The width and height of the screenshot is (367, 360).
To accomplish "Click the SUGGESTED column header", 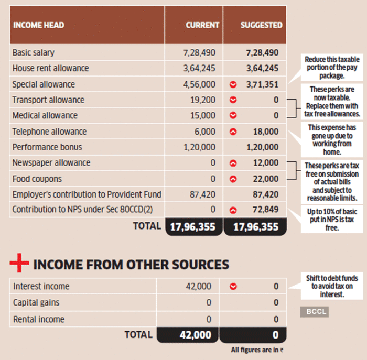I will tap(261, 25).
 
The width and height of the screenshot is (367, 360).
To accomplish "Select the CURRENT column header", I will tap(202, 25).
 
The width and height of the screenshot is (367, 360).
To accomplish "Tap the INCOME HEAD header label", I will tap(38, 25).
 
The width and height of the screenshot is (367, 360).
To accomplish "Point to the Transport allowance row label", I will tap(48, 100).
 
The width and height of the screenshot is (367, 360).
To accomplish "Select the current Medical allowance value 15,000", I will tap(203, 115).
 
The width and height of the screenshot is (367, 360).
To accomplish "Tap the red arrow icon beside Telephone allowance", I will tap(233, 132).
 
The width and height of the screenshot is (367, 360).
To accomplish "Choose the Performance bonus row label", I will tap(47, 147).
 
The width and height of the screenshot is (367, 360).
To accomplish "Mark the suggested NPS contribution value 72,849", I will tap(265, 210).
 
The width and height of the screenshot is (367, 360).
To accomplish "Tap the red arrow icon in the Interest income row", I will tap(233, 287).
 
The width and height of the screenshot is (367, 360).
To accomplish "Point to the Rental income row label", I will tap(39, 319).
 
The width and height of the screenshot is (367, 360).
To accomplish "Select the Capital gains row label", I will tap(36, 303).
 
